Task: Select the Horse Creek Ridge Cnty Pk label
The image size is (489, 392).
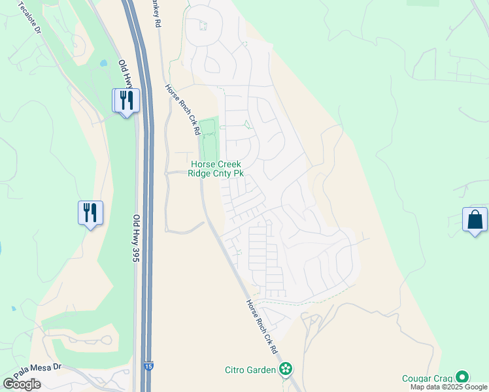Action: pos(216,169)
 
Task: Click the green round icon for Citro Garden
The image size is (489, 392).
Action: pos(285,370)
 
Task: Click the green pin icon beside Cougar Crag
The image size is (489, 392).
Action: pos(463,378)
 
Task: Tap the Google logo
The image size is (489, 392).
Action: pos(22,384)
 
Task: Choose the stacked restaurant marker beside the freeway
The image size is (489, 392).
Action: pos(126,100)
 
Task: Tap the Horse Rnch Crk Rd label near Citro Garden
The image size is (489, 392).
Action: pos(262,327)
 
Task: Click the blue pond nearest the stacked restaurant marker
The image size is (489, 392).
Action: pos(103,64)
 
